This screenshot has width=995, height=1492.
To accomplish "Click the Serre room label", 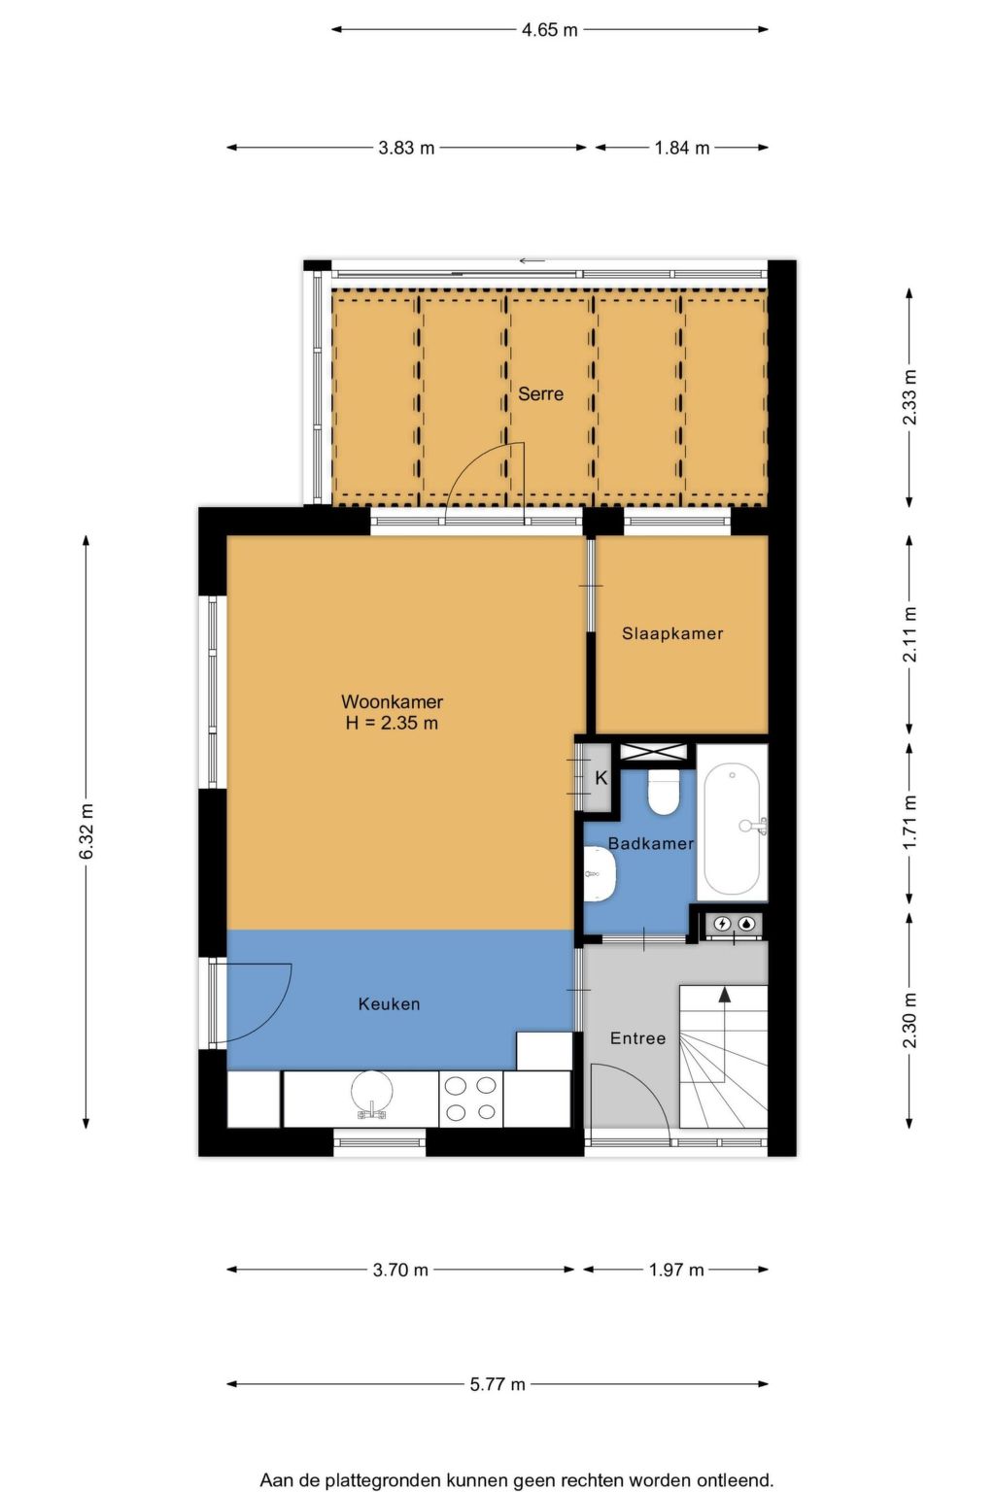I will click(540, 393).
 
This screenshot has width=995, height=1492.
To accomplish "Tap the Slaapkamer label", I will click(672, 633).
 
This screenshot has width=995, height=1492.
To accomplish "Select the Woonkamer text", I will click(392, 701).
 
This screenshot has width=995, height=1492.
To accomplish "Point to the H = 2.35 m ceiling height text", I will click(392, 723).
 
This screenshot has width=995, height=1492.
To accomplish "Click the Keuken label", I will click(389, 1004).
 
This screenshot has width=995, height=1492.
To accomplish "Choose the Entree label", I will click(637, 1038).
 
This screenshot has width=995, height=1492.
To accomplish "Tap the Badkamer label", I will click(650, 843).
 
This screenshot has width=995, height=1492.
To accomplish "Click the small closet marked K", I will click(600, 778).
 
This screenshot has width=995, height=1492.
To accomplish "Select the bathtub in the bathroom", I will click(732, 829).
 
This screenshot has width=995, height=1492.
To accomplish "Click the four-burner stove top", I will click(471, 1099).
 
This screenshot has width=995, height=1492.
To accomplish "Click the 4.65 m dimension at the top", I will click(549, 30).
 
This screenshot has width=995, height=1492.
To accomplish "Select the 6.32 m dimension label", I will click(86, 831).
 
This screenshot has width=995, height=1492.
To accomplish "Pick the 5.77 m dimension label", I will click(497, 1384).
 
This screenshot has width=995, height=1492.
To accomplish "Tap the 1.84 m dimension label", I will click(681, 148).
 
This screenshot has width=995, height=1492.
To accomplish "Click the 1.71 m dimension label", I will click(909, 823).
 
